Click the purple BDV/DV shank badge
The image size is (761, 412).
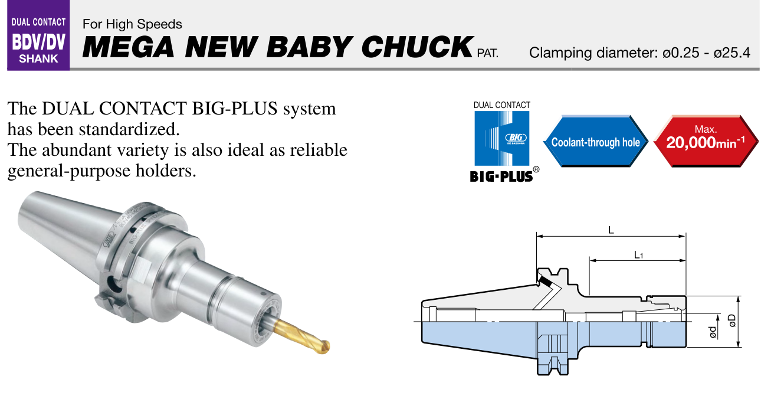(38, 35)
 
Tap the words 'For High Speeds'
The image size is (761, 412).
(132, 24)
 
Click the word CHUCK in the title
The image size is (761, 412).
(417, 47)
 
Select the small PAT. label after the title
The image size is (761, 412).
(487, 53)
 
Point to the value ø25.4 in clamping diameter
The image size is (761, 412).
(732, 53)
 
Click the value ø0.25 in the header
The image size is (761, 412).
(681, 53)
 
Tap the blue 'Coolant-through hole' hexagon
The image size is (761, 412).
(596, 142)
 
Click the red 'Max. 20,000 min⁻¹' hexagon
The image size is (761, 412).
(706, 142)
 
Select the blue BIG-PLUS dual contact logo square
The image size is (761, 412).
(502, 138)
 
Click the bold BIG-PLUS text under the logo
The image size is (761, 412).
(501, 176)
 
